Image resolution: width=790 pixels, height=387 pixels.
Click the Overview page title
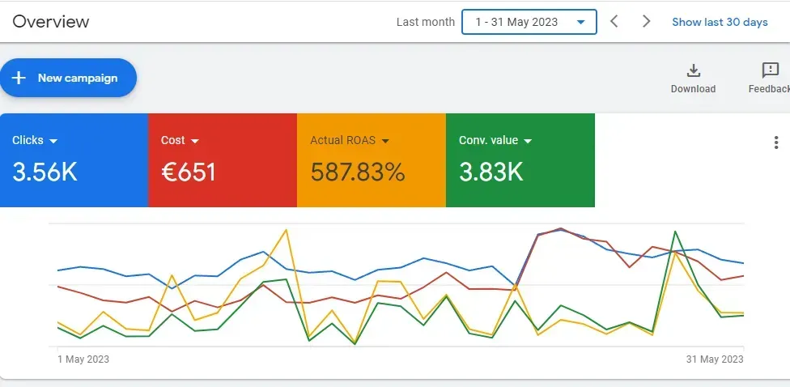pos(51,22)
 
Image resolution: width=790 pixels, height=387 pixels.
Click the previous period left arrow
pos(614,22)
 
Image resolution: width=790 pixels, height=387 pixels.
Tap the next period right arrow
pos(646,22)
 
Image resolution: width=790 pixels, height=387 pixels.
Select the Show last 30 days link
pos(720,22)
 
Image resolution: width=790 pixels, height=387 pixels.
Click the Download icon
pos(693,70)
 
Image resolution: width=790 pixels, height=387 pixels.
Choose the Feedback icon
pos(771,70)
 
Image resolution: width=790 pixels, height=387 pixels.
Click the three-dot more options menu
pos(777,142)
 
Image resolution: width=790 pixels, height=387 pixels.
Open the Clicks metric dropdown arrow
pos(53,141)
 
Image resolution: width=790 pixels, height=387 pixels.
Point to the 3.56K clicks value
pos(45,172)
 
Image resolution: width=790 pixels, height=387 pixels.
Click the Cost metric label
pos(172,140)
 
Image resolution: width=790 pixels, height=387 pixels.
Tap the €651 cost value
pos(189,172)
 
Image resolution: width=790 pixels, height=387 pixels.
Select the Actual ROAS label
pos(342,140)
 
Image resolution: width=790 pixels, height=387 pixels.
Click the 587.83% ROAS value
pos(358,172)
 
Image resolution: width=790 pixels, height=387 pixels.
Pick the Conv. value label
pos(488,140)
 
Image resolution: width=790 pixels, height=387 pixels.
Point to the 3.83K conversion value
pos(491,172)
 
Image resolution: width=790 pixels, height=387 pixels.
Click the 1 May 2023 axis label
pos(83,359)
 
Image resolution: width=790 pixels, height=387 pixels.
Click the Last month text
pos(425,22)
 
